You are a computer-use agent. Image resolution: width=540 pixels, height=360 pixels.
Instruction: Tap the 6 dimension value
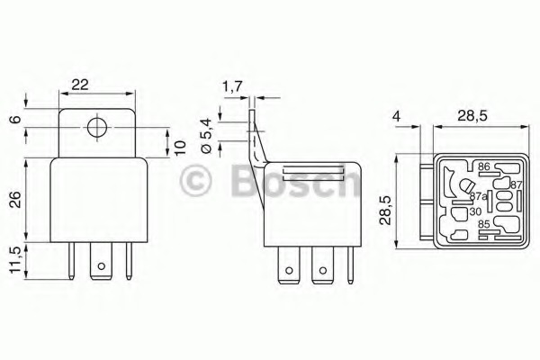pyautogui.click(x=15, y=119)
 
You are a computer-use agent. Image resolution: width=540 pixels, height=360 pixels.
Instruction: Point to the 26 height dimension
pyautogui.click(x=15, y=200)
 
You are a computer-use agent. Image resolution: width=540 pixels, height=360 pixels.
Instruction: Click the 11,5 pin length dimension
pyautogui.click(x=15, y=260)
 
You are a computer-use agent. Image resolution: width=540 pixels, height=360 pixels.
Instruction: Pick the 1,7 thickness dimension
pyautogui.click(x=231, y=87)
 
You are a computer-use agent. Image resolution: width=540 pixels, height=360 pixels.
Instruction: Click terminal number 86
pyautogui.click(x=482, y=167)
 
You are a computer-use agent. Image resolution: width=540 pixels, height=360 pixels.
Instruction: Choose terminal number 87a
pyautogui.click(x=478, y=196)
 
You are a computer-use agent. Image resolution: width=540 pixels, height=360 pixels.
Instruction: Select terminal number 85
pyautogui.click(x=484, y=226)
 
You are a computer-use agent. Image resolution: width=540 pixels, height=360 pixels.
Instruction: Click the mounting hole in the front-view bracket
pyautogui.click(x=94, y=126)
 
